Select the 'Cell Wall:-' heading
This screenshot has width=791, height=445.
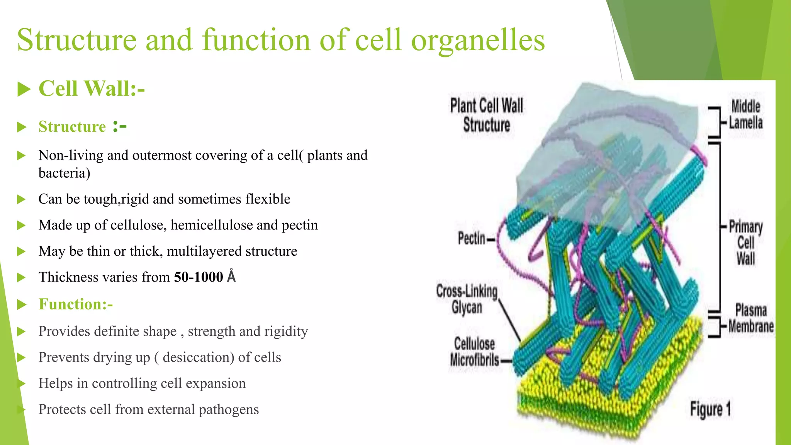(92, 88)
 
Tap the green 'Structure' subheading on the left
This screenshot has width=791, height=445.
(72, 127)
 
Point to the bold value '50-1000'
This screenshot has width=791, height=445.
(199, 277)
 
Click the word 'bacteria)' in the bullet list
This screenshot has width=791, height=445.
(64, 173)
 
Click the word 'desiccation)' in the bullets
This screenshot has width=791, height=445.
(198, 357)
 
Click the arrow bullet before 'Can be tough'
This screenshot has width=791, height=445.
(22, 199)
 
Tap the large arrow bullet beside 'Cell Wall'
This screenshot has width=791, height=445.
(24, 89)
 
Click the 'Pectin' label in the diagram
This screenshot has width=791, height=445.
(472, 238)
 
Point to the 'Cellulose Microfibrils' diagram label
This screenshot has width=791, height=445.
(475, 352)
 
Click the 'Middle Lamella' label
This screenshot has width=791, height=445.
(745, 115)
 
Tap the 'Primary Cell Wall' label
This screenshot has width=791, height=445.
(745, 243)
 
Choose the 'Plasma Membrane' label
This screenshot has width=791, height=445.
(751, 318)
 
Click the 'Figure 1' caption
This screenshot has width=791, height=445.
(710, 409)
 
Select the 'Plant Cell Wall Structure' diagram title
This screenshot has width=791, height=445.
(487, 115)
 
